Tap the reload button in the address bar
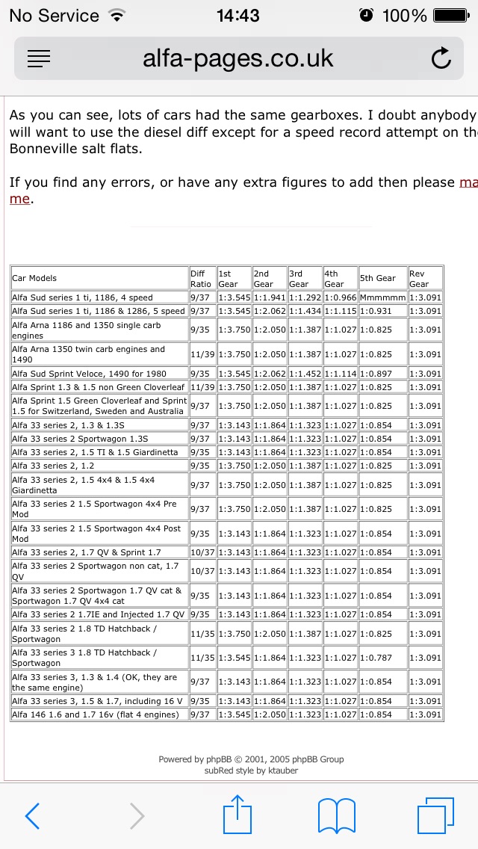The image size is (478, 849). [441, 58]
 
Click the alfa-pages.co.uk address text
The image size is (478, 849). [238, 58]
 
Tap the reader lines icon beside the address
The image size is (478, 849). [39, 58]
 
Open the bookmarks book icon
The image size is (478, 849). [337, 816]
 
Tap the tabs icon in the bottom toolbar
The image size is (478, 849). [435, 816]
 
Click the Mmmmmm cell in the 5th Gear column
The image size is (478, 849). [382, 297]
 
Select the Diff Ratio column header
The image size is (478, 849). [201, 279]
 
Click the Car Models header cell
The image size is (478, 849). [99, 279]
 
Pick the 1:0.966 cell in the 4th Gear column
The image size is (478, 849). [340, 297]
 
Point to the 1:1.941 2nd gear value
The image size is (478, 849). [269, 297]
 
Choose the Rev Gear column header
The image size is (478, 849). [424, 279]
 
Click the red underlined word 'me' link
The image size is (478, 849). [19, 199]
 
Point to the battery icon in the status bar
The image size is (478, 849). [450, 15]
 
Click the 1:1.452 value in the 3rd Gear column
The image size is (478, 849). [305, 374]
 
